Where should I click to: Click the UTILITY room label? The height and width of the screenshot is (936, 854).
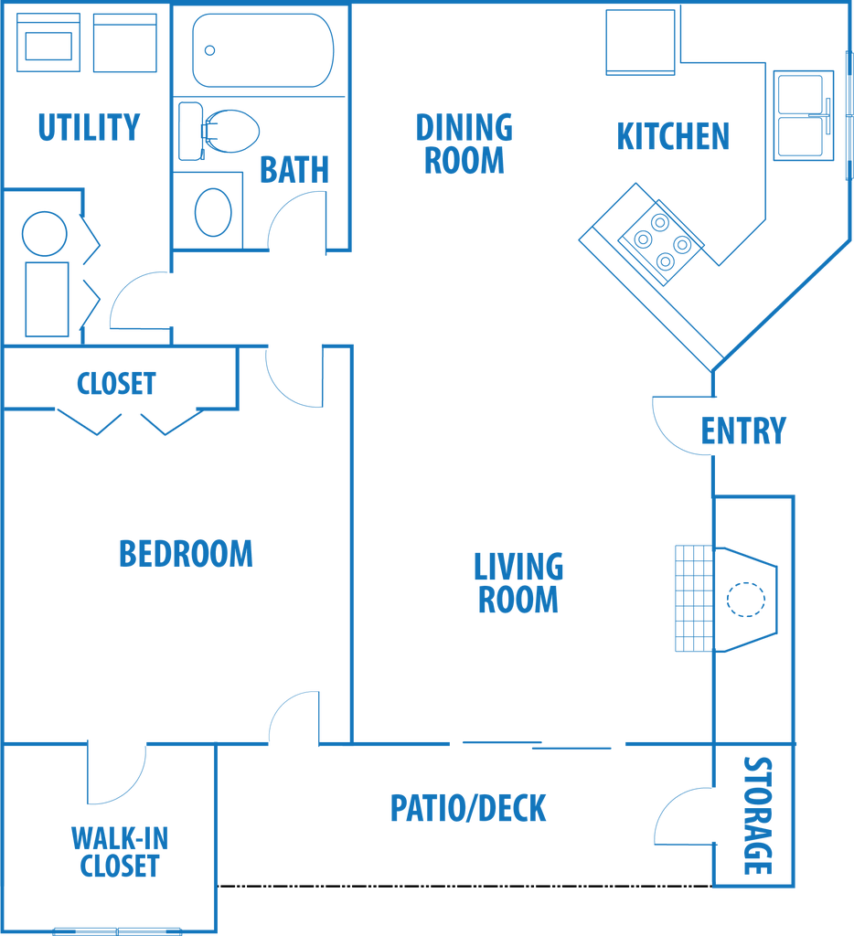click(x=89, y=127)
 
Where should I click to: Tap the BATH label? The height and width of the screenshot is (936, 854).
click(x=294, y=169)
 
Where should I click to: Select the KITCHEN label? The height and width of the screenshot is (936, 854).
click(x=673, y=136)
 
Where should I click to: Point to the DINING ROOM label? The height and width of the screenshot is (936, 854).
click(x=464, y=144)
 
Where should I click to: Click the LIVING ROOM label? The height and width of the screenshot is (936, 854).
click(x=518, y=583)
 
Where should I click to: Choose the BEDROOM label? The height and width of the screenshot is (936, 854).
click(x=186, y=553)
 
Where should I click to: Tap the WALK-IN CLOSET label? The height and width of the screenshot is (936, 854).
click(x=120, y=852)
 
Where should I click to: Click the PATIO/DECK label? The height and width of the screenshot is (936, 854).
click(x=468, y=808)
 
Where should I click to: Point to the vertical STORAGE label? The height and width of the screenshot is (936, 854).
click(x=757, y=815)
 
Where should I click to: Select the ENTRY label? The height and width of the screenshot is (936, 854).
click(x=743, y=431)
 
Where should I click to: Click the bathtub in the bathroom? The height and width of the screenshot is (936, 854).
click(x=262, y=50)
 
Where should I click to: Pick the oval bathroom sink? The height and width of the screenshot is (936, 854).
click(x=213, y=212)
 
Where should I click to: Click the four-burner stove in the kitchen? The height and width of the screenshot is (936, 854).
click(x=661, y=241)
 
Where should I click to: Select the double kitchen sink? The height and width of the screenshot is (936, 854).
click(x=803, y=115)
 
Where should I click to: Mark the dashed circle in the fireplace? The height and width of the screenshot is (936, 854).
click(x=746, y=600)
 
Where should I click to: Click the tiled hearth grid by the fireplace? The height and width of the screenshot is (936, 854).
click(x=695, y=598)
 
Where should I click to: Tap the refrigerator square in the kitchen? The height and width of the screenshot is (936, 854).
click(x=640, y=42)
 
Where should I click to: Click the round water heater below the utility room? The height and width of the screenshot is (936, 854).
click(x=44, y=234)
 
